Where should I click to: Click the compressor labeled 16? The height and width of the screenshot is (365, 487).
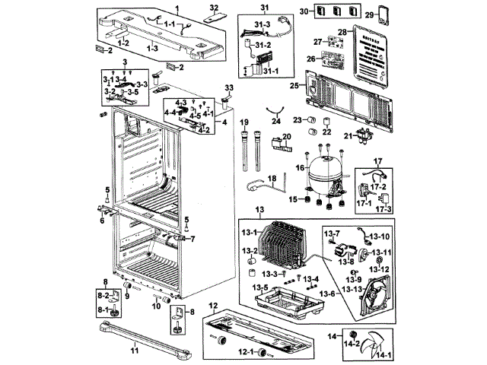[x=324, y=176]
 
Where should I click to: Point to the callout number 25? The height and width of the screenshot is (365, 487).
[x=294, y=87]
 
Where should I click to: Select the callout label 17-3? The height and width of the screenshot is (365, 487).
[x=387, y=208]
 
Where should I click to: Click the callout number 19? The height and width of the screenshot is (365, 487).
[x=245, y=122]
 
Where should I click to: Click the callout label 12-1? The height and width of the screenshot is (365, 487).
[x=246, y=353]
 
